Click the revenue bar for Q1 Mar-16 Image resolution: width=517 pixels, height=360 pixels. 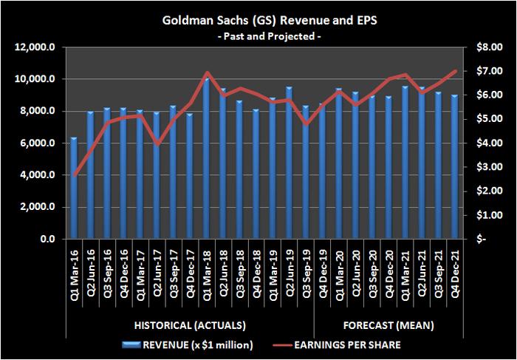click(x=74, y=188)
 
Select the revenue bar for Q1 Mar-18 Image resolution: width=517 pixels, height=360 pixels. click(x=207, y=158)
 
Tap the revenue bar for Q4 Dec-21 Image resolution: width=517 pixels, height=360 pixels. click(x=455, y=166)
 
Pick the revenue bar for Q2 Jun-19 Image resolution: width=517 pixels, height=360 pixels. click(x=290, y=163)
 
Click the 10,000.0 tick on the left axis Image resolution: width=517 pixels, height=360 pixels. click(x=35, y=79)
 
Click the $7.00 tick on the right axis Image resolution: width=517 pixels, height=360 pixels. click(x=489, y=71)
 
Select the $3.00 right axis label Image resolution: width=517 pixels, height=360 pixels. click(x=489, y=167)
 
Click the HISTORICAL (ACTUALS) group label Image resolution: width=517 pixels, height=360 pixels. click(x=190, y=326)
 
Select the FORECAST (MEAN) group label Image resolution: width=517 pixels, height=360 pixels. click(x=388, y=326)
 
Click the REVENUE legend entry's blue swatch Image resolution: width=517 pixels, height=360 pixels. click(x=131, y=345)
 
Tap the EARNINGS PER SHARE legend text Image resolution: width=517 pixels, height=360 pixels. click(x=347, y=345)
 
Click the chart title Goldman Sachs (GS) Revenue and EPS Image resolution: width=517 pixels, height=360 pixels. click(x=270, y=21)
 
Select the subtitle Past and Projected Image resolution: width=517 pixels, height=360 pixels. click(x=269, y=36)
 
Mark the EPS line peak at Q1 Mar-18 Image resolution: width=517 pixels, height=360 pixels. click(x=207, y=72)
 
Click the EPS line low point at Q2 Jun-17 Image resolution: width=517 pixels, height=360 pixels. click(x=157, y=144)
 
